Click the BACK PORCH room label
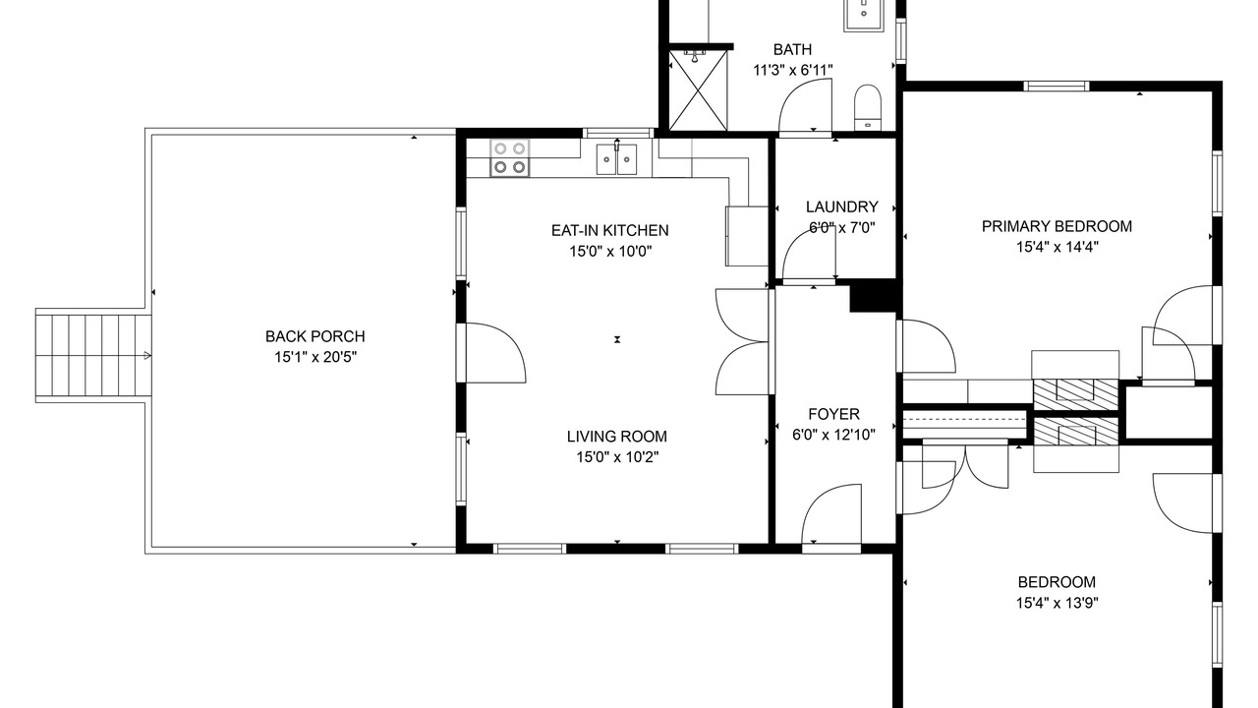tap(315, 336)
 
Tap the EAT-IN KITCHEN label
tap(610, 230)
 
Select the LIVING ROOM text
tap(616, 436)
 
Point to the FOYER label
tap(834, 414)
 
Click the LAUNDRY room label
tap(842, 207)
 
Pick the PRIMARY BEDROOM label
tap(1057, 226)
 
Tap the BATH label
tap(792, 50)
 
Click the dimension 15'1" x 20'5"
tap(315, 357)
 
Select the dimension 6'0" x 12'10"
tap(834, 435)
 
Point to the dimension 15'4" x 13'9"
tap(1057, 603)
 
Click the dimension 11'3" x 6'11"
tap(792, 70)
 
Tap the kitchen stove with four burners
tap(509, 158)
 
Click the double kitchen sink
tap(616, 159)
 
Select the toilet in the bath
tap(868, 108)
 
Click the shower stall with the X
tap(698, 90)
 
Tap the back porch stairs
tap(93, 356)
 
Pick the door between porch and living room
tap(491, 353)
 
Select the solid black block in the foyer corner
tap(872, 296)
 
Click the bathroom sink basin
tap(864, 14)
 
